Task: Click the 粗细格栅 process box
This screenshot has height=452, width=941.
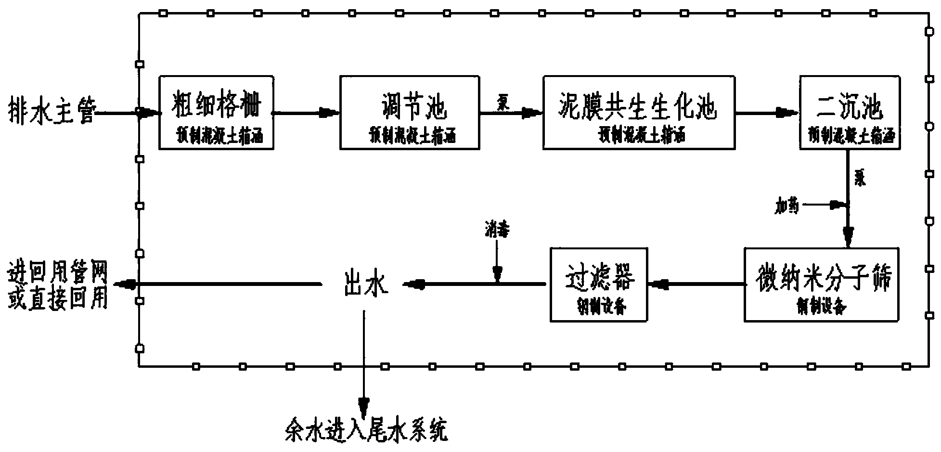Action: (216, 113)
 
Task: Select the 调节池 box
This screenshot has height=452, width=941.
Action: (410, 113)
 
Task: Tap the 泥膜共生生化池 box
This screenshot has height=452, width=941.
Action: (639, 113)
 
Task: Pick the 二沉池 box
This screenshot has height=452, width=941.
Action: (850, 113)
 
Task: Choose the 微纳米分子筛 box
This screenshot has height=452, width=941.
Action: (821, 284)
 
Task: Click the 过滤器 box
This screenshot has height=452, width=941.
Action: (599, 284)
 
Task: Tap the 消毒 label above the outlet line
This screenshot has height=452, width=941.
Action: (497, 231)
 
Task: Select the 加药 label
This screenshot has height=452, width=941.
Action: (786, 206)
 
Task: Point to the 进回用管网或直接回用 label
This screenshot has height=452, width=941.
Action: (57, 287)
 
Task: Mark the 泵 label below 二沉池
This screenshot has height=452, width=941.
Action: (860, 180)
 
